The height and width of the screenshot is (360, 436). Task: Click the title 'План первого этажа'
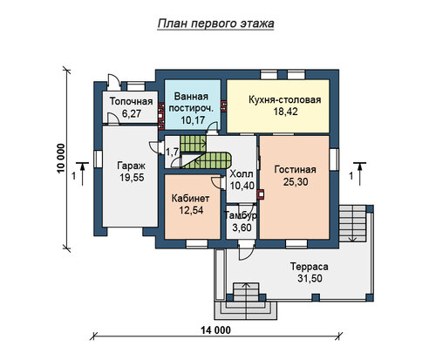215,24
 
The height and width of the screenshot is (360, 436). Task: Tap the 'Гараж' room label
131,166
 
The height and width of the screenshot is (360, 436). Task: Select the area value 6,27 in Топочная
132,113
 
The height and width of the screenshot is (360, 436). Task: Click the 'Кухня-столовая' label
285,99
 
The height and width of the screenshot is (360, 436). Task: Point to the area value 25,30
296,182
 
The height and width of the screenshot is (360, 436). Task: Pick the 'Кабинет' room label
190,199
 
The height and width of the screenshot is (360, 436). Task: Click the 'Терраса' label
310,267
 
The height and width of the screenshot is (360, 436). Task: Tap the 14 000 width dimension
216,330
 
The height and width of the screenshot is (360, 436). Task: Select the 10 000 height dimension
60,159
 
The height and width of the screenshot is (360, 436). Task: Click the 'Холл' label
242,174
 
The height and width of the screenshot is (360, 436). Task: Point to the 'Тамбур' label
240,215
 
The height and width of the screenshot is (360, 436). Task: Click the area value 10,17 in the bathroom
193,120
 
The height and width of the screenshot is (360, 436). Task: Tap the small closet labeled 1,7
172,152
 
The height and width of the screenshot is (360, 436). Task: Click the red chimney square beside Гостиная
261,194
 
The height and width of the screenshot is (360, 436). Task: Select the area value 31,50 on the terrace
310,278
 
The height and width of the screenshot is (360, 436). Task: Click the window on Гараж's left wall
98,159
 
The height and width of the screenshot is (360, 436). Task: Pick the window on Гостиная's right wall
334,159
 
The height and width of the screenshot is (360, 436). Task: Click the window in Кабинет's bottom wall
197,244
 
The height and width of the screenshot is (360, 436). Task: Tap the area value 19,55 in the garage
132,178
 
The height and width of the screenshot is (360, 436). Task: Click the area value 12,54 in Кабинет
191,210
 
